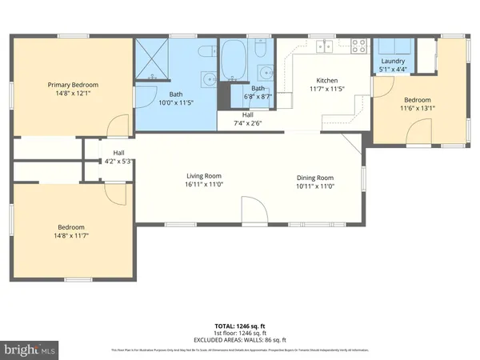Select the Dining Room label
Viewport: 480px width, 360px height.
(x=315, y=177)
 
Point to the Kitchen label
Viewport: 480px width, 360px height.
(x=327, y=81)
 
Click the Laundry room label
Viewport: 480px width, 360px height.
(x=393, y=61)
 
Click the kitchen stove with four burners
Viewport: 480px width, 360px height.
(x=358, y=46)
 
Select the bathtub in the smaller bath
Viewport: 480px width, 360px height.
(x=234, y=62)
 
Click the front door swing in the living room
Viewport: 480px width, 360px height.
(x=254, y=211)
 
